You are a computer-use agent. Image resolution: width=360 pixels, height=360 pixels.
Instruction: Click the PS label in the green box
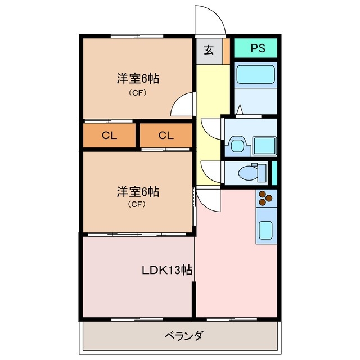coord(257,48)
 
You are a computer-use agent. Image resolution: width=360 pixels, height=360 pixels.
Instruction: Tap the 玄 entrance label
coord(209,50)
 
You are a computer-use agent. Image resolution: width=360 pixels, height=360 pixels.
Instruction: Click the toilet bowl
coord(246,173)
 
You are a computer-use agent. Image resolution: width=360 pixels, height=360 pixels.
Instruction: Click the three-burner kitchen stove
coord(265,198)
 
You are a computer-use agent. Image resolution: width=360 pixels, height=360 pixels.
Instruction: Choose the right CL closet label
coord(165,136)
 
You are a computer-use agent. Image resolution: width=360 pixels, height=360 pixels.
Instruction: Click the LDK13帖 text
coord(166,270)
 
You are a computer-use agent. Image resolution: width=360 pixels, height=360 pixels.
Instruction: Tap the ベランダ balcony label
coord(184,337)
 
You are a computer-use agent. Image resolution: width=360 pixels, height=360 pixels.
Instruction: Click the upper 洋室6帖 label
coord(138,79)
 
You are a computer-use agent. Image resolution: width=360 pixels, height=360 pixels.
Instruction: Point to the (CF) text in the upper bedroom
coord(138,93)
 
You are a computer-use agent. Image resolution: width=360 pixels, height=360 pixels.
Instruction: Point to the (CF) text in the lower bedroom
coord(138,205)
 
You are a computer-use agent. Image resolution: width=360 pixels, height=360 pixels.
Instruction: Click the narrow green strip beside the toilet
coord(275,173)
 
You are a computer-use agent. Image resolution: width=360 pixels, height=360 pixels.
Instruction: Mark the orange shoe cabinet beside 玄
coord(226,50)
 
